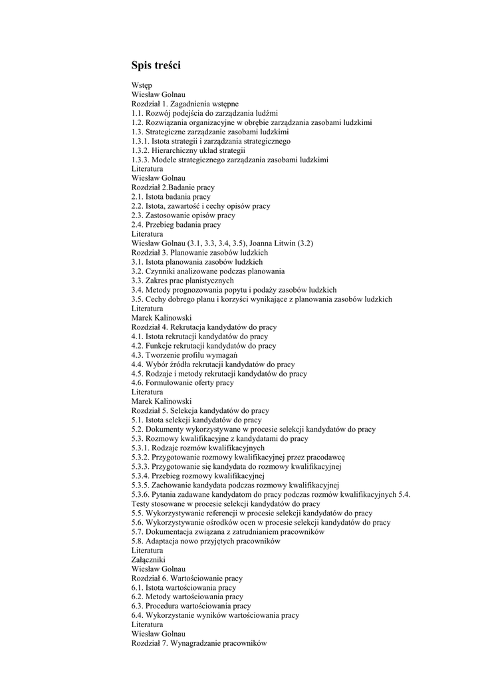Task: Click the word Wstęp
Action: click(142, 85)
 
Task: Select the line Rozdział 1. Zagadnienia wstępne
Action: click(185, 104)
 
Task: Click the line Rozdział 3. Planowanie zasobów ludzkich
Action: click(199, 253)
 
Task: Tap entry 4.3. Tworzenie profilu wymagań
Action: click(185, 355)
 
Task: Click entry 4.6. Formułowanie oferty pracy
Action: click(183, 383)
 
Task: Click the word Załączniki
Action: click(149, 560)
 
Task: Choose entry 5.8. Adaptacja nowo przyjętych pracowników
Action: click(206, 541)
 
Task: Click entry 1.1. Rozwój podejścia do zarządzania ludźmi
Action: click(205, 113)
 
